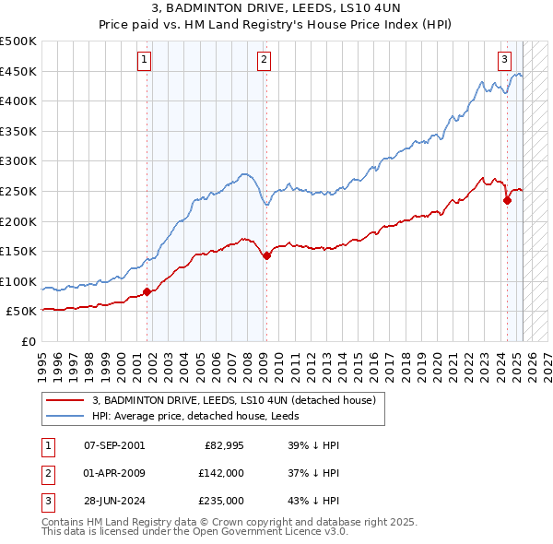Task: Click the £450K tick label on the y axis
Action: [x=18, y=71]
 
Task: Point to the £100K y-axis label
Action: [x=18, y=281]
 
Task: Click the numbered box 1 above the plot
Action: [x=146, y=60]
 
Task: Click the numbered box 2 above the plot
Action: [x=264, y=60]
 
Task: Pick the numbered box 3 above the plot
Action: [x=505, y=60]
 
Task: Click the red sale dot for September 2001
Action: [x=147, y=291]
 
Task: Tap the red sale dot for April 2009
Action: [x=266, y=256]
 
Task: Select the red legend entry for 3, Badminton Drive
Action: [x=233, y=401]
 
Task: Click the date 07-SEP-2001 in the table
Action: [x=114, y=445]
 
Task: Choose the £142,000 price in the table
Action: [x=221, y=473]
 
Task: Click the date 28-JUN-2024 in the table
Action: [x=114, y=501]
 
